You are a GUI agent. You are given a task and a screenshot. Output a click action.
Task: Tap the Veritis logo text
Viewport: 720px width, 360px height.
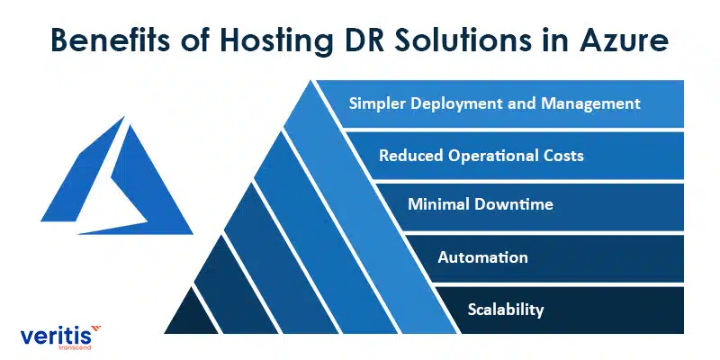pos(56,337)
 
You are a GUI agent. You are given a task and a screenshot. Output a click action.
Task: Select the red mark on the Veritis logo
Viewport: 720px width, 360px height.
pos(95,328)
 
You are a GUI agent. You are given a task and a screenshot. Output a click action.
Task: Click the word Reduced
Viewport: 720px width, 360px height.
pos(411,156)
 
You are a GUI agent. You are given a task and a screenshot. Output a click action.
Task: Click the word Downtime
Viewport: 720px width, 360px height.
pos(514,204)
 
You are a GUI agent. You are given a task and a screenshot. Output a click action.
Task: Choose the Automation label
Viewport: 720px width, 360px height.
pos(482,257)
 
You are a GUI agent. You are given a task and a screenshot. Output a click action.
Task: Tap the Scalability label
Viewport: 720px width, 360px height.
pos(506,310)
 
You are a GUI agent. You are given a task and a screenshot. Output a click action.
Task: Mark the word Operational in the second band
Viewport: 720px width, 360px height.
pos(493,156)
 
